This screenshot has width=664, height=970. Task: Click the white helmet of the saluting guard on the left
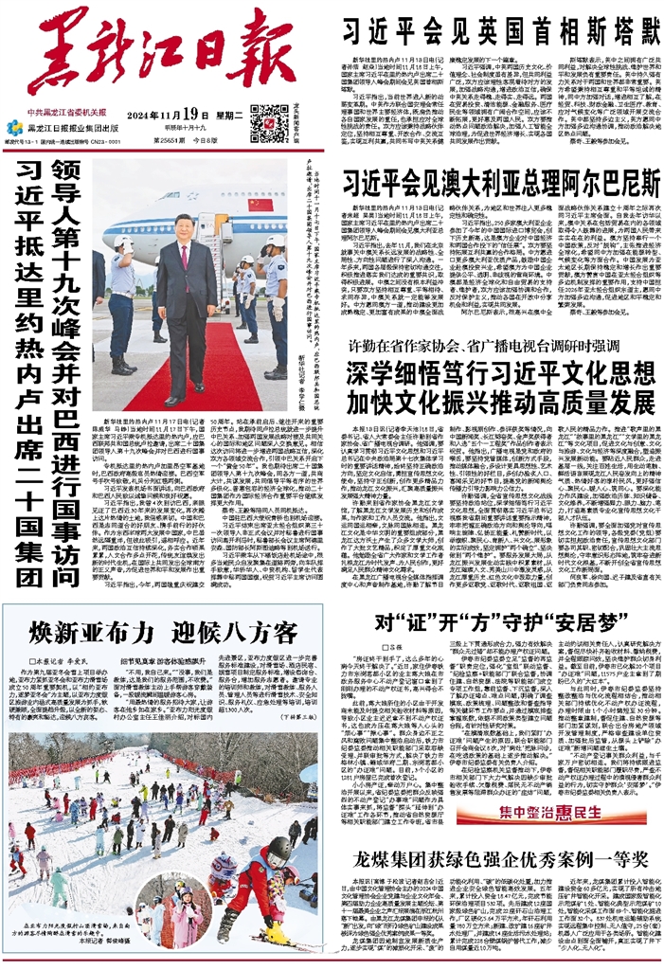click(121, 243)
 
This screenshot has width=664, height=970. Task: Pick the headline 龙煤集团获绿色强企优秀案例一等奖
click(499, 859)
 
